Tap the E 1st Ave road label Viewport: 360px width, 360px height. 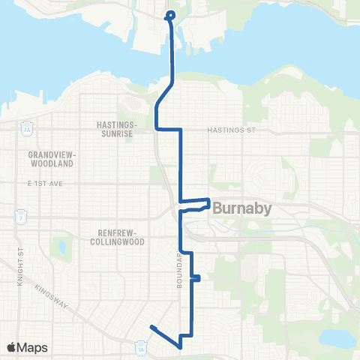click(x=42, y=183)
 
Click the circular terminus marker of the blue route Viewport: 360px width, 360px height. click(x=169, y=14)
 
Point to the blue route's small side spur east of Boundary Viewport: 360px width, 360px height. click(x=196, y=278)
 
